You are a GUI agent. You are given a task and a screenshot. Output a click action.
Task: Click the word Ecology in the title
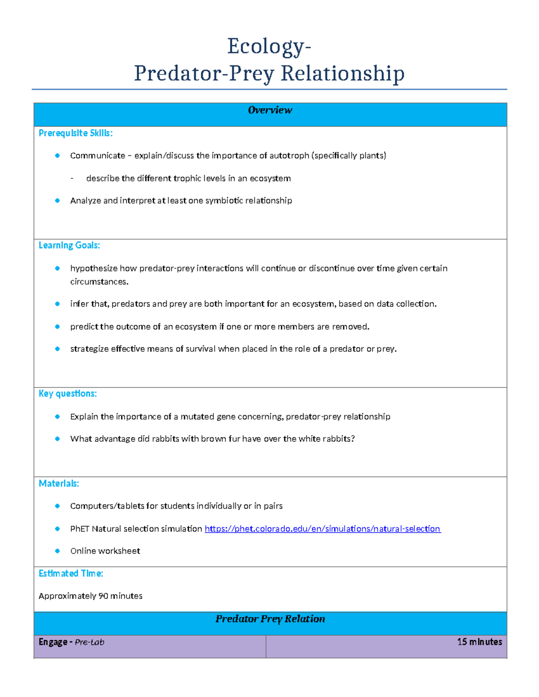[x=265, y=47]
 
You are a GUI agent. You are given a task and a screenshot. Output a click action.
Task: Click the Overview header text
[x=270, y=110]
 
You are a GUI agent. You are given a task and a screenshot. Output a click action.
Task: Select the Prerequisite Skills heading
[x=75, y=133]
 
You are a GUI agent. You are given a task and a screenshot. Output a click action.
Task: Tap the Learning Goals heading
[x=69, y=245]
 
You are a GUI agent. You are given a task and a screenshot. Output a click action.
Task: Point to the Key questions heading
[x=67, y=394]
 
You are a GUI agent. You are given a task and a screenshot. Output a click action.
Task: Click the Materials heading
[x=59, y=484]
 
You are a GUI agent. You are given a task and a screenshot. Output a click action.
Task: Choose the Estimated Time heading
[x=71, y=574]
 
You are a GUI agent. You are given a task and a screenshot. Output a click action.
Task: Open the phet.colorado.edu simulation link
[x=323, y=529]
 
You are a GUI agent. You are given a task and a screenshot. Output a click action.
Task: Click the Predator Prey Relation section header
[x=270, y=619]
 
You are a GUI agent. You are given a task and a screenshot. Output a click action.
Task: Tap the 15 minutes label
[x=479, y=642]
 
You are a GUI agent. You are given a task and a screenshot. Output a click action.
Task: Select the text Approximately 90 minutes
[x=90, y=596]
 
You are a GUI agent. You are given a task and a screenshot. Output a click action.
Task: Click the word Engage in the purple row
[x=53, y=642]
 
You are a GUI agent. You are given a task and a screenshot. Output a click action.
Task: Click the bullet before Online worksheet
[x=57, y=551]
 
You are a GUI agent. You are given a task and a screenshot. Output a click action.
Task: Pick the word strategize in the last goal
[x=89, y=349]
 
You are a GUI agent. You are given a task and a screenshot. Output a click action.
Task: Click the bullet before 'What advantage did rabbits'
[x=57, y=439]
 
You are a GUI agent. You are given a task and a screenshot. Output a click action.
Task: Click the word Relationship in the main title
[x=342, y=74]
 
